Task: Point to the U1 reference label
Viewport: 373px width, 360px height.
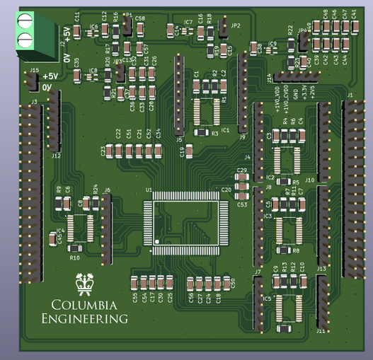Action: (x=149, y=190)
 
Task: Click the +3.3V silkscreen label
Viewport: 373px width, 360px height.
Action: (x=304, y=92)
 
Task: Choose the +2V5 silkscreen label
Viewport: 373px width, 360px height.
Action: (x=312, y=92)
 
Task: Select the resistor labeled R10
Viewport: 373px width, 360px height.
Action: (x=74, y=248)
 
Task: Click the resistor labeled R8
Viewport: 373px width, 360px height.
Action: (x=286, y=250)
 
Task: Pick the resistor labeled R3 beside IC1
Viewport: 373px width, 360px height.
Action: (x=202, y=132)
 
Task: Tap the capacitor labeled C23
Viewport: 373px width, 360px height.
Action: (x=110, y=151)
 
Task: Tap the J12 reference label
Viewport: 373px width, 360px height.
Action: (x=57, y=156)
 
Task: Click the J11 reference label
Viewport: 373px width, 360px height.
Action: (x=321, y=330)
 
